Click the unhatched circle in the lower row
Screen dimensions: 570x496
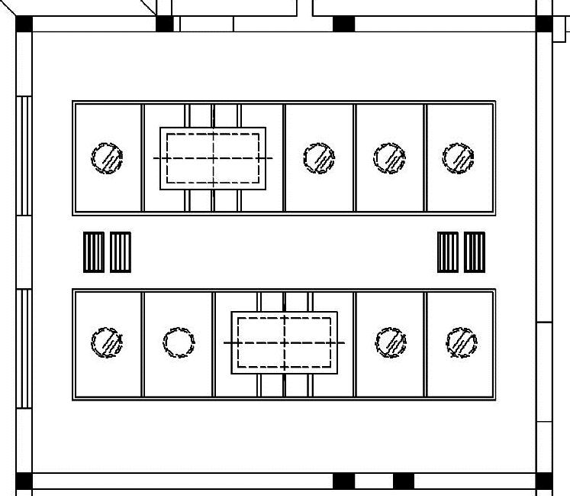click(x=179, y=342)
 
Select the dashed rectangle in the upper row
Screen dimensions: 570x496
click(x=213, y=158)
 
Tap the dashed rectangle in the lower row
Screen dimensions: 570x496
click(x=285, y=342)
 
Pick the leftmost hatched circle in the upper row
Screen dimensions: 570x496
click(x=108, y=158)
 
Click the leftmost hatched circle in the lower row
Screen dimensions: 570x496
click(x=106, y=342)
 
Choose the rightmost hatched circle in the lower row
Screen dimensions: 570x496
click(x=462, y=342)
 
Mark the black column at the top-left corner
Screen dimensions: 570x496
click(x=24, y=23)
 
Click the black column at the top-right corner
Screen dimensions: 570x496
click(x=544, y=23)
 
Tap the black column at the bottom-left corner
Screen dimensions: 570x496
click(x=24, y=481)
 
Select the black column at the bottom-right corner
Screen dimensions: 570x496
click(x=544, y=481)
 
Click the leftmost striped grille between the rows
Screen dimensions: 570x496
click(x=93, y=252)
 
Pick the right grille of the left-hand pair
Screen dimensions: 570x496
click(x=121, y=252)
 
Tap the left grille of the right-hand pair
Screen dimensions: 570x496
click(x=448, y=252)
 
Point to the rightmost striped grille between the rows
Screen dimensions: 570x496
click(x=475, y=252)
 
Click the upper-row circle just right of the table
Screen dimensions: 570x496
click(x=319, y=157)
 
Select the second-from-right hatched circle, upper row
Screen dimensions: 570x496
click(x=390, y=157)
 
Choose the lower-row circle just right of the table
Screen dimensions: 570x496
click(x=391, y=342)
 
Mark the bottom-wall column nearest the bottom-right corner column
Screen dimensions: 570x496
click(x=404, y=481)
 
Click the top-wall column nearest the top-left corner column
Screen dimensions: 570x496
click(x=164, y=23)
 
